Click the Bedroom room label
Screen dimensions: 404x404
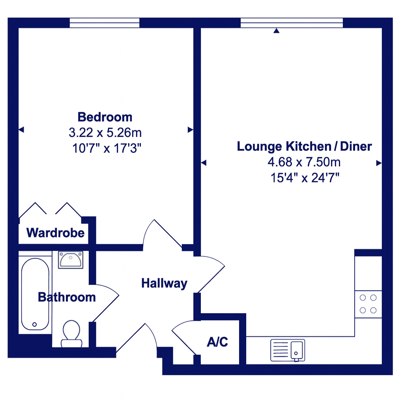[x=105, y=117]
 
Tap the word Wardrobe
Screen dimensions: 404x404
[x=55, y=233]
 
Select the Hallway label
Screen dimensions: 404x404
[x=165, y=283]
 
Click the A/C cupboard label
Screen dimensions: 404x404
[x=217, y=342]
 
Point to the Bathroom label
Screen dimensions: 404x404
[x=67, y=297]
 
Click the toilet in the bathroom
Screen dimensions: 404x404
[x=71, y=334]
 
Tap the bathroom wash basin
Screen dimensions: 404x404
[x=71, y=260]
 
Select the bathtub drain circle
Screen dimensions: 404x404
[x=35, y=324]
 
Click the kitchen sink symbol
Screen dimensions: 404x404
[x=288, y=350]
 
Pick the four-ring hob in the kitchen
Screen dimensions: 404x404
[x=368, y=304]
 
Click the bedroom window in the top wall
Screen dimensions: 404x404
[x=105, y=22]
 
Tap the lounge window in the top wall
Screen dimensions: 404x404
[x=292, y=22]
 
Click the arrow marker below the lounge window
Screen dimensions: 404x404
[x=277, y=31]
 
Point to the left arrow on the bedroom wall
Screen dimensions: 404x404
[x=21, y=129]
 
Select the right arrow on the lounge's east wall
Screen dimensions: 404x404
[x=379, y=163]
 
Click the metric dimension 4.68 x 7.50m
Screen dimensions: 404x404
[x=304, y=162]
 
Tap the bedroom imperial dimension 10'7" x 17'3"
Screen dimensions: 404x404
[x=107, y=148]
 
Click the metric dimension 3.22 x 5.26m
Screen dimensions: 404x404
[x=105, y=133]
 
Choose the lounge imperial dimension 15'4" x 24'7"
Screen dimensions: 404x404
[x=305, y=178]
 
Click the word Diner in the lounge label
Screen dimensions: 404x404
[x=356, y=146]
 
